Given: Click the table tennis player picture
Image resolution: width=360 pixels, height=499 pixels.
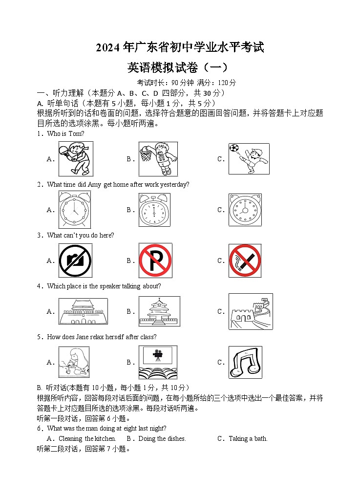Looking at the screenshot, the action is (x=76, y=159).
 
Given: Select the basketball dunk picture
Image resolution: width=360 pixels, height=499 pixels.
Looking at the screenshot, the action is (x=158, y=159).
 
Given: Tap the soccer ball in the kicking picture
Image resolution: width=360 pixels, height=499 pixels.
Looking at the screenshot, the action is (x=234, y=148).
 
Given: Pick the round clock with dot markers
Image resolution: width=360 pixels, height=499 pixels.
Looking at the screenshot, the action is (x=245, y=210).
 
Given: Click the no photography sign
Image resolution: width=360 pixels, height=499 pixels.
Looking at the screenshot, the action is (x=75, y=260).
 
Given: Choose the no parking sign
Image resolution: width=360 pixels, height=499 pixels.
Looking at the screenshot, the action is (x=155, y=260).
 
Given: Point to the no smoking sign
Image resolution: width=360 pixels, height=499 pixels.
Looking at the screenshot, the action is (x=245, y=260).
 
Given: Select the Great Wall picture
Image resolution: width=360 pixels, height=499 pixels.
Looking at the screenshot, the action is (x=251, y=311).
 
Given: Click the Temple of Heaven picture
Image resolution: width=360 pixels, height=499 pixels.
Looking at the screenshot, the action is (x=159, y=311).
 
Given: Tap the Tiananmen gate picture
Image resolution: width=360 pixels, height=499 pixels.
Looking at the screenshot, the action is (x=83, y=311).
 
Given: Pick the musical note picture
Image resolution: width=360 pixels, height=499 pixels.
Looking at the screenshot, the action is (x=245, y=362).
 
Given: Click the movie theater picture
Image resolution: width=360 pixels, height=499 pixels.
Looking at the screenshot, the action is (x=158, y=362).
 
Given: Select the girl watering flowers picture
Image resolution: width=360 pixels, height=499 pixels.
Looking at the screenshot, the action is (x=74, y=362).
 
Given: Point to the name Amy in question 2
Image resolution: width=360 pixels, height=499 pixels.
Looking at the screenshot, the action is (x=94, y=185).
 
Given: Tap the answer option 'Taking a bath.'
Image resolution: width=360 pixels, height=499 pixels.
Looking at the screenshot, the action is (x=248, y=438).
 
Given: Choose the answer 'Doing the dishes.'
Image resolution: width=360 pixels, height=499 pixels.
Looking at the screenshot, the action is (x=162, y=438).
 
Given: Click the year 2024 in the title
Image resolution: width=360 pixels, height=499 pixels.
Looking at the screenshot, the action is (x=108, y=48).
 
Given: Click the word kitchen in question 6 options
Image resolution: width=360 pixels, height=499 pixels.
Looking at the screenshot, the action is (x=106, y=438).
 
